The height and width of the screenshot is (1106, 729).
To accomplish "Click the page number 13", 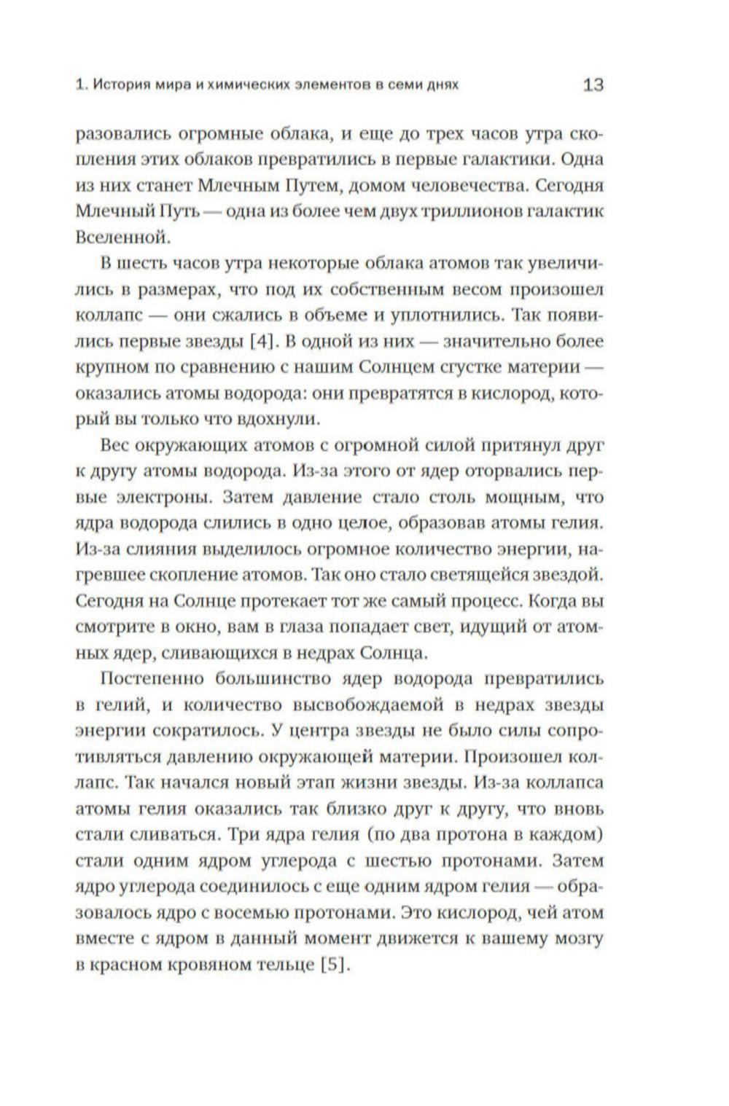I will (593, 85).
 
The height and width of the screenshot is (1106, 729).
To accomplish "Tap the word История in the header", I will (120, 85).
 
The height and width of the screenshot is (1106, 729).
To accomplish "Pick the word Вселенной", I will (122, 238).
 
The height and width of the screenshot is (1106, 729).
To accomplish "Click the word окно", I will (205, 627).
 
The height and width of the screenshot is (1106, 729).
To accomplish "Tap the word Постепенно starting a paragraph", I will (152, 679).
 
